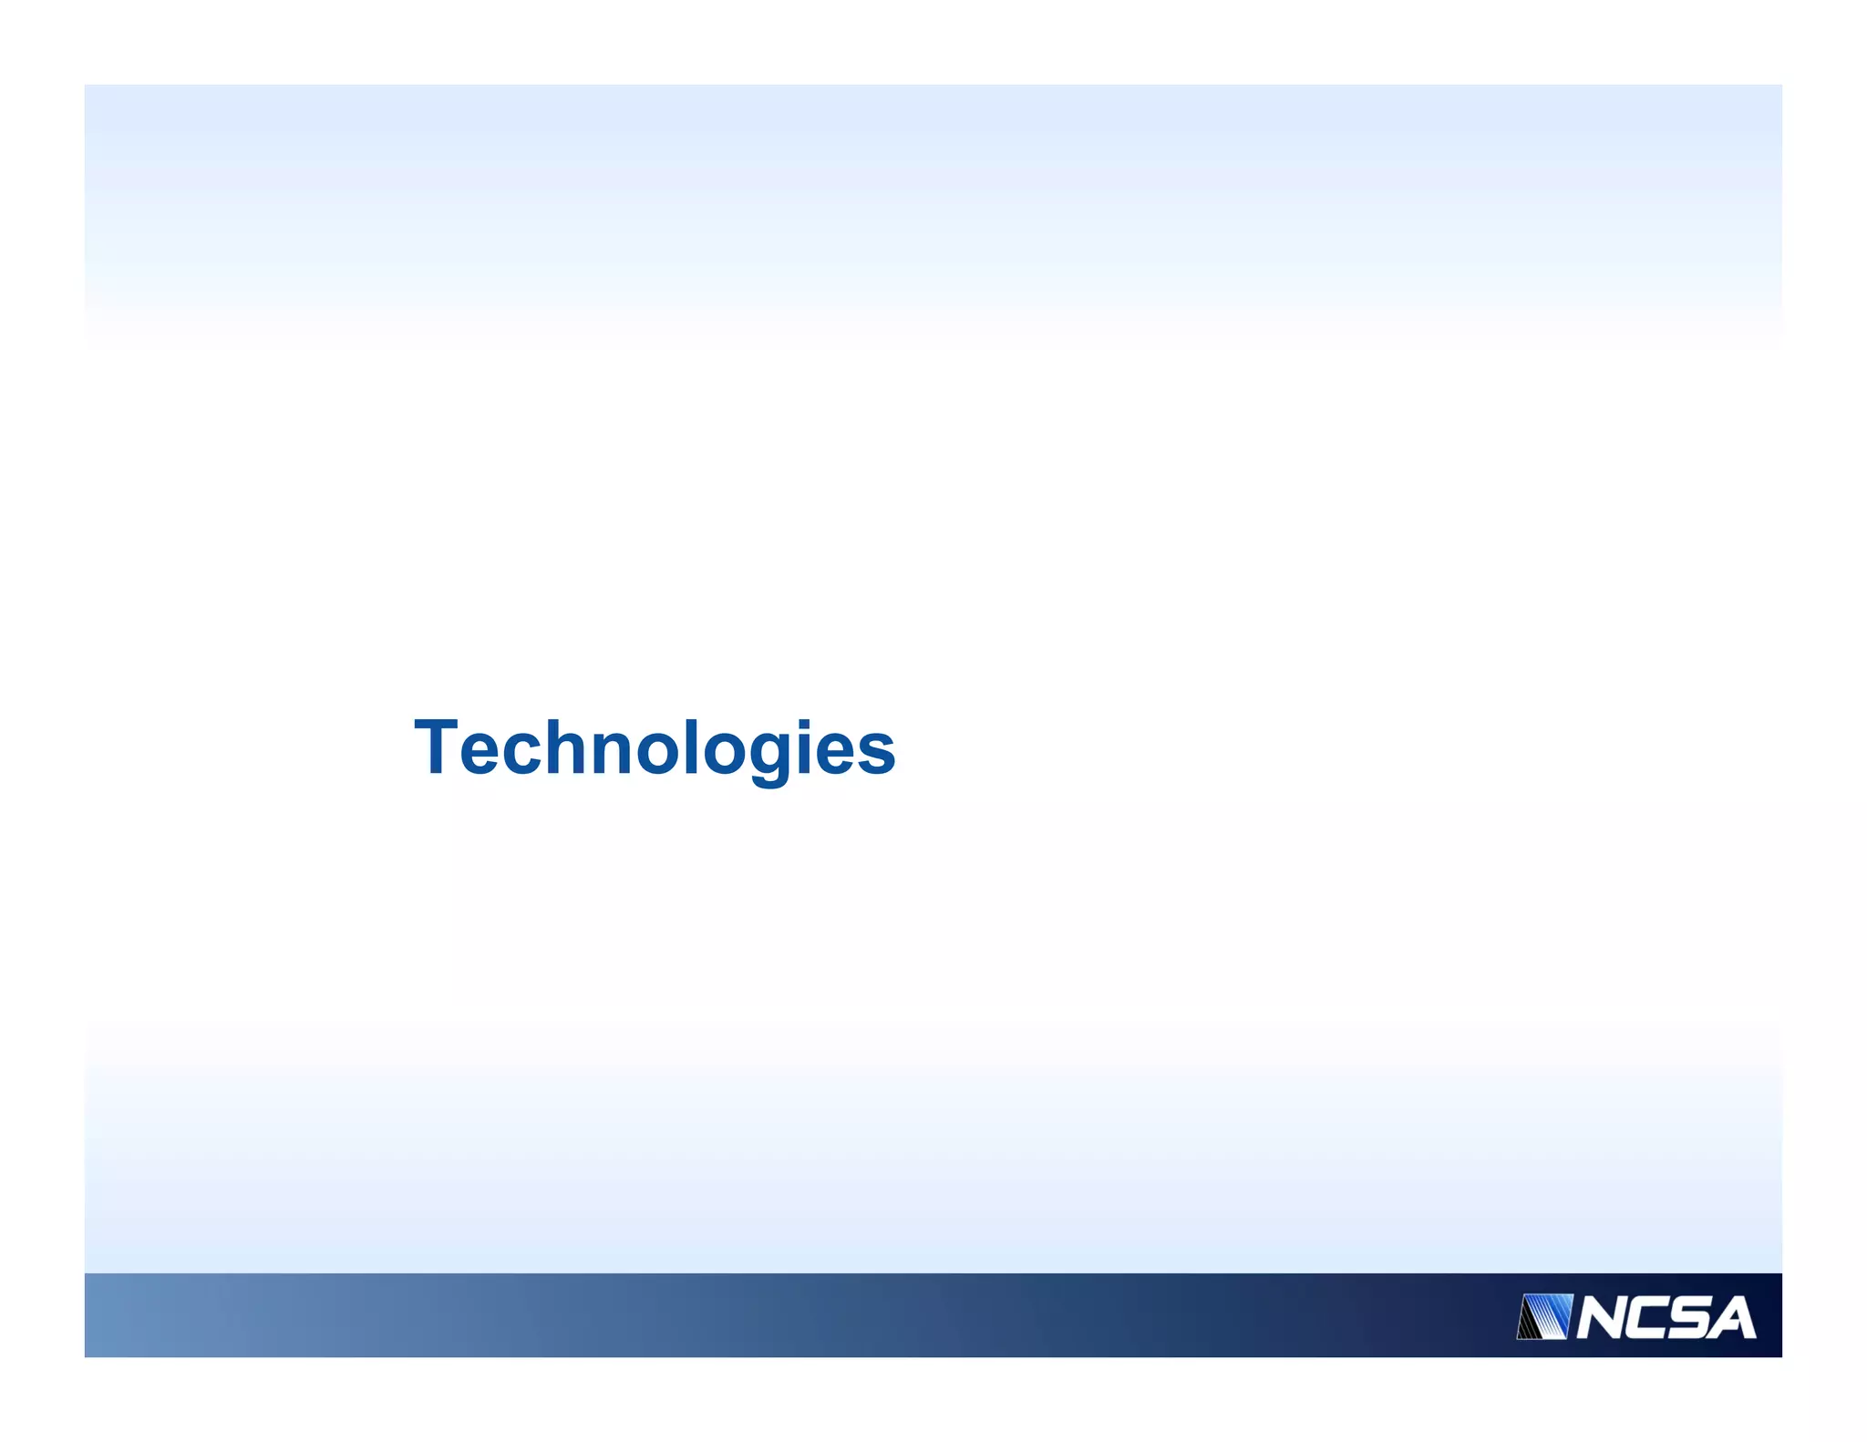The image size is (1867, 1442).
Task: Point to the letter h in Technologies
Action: pyautogui.click(x=572, y=747)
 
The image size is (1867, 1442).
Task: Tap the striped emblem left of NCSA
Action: pyautogui.click(x=1544, y=1317)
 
